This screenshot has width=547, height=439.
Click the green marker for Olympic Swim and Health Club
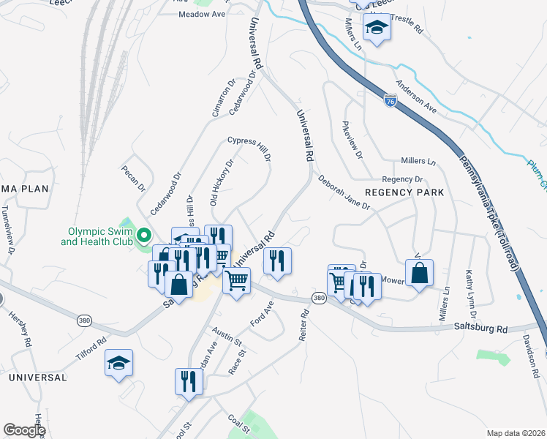[x=144, y=235]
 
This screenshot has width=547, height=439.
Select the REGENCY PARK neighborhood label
[x=404, y=192]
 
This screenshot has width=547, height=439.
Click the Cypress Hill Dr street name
[x=249, y=147]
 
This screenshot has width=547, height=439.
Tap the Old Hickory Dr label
[x=222, y=181]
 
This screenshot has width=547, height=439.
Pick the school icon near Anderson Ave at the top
[x=377, y=27]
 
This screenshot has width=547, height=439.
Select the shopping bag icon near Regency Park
[x=419, y=273]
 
